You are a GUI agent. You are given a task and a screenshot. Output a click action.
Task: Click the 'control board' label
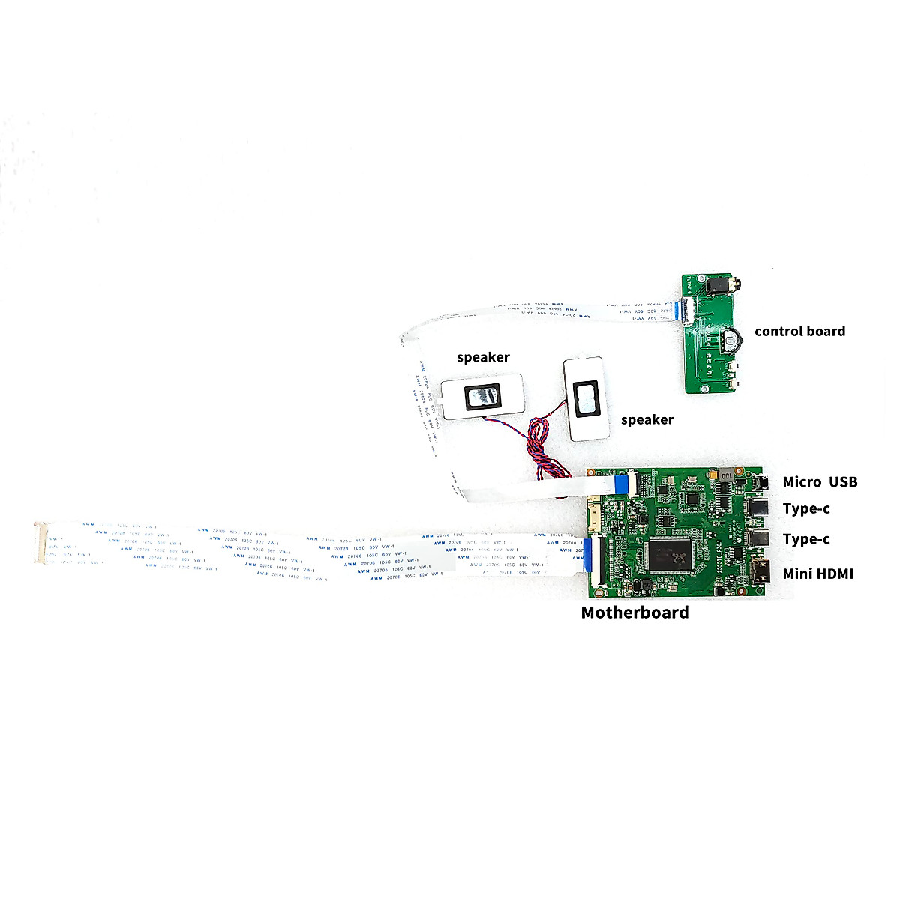[x=799, y=331]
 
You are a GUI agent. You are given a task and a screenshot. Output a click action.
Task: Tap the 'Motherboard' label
[x=634, y=612]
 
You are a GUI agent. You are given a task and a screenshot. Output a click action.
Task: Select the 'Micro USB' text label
[x=820, y=481]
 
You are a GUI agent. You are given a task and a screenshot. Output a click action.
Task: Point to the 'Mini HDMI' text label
[x=817, y=574]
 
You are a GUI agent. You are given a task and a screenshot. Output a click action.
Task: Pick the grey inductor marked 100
[x=727, y=475]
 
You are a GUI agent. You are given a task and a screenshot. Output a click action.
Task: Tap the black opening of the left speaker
[x=482, y=397]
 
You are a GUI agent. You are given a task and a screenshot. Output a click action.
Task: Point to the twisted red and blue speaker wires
[x=538, y=439]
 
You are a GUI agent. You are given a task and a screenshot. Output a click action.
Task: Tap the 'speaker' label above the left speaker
[x=483, y=357]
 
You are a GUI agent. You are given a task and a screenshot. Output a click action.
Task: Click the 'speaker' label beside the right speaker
[x=646, y=419]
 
